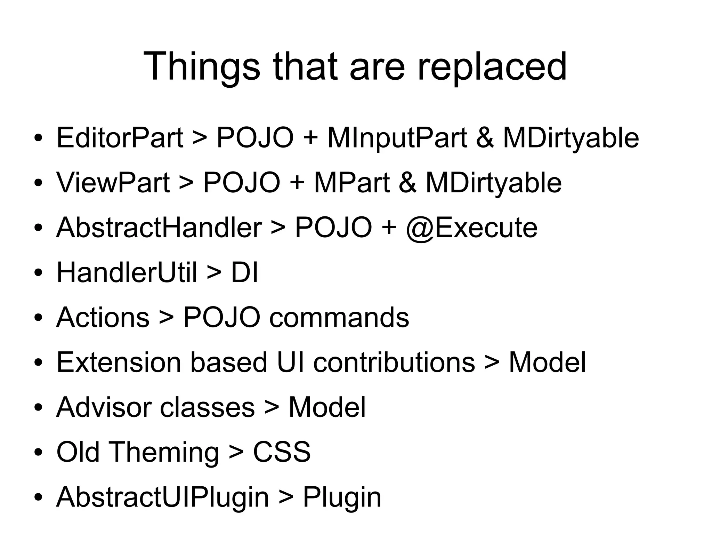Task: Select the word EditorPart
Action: pyautogui.click(x=120, y=138)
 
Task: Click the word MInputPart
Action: pyautogui.click(x=397, y=138)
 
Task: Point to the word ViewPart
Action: pyautogui.click(x=113, y=183)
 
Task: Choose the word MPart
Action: pyautogui.click(x=352, y=183)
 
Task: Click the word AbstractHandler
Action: pyautogui.click(x=159, y=228)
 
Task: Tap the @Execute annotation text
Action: pyautogui.click(x=471, y=228)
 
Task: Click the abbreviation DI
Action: pyautogui.click(x=244, y=272)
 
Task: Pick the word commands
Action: pyautogui.click(x=339, y=318)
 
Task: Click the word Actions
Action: pyautogui.click(x=103, y=318)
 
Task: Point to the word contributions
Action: pyautogui.click(x=394, y=362)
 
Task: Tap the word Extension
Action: pyautogui.click(x=119, y=362)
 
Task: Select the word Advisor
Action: pyautogui.click(x=103, y=407)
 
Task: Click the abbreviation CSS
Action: pyautogui.click(x=282, y=452)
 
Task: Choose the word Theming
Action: pyautogui.click(x=164, y=452)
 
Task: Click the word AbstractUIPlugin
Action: pyautogui.click(x=162, y=497)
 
